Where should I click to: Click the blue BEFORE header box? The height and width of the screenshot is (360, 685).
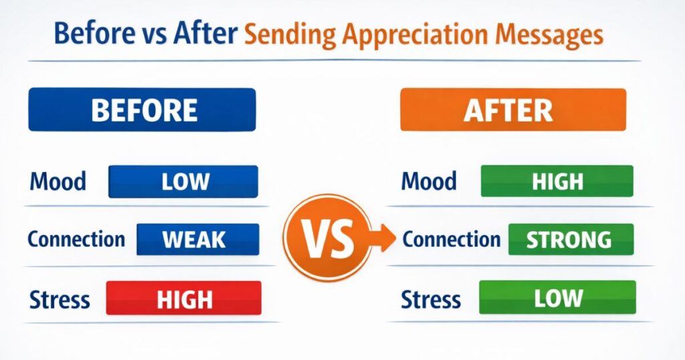[142, 110]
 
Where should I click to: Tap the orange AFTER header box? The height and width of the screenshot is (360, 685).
[513, 110]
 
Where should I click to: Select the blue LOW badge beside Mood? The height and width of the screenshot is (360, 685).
[183, 181]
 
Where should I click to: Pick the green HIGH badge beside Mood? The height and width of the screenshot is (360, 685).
[557, 181]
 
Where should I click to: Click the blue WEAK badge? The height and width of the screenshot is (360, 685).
[198, 240]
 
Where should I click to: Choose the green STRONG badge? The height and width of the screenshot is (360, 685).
[571, 240]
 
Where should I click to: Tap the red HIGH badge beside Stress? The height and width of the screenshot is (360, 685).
[184, 298]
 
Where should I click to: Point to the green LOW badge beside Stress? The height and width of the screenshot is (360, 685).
[557, 297]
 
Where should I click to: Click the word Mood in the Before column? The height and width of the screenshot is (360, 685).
[58, 181]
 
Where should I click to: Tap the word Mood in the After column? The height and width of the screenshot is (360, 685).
[429, 181]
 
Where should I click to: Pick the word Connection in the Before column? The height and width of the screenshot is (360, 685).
[76, 240]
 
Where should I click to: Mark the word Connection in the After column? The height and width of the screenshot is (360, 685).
[452, 240]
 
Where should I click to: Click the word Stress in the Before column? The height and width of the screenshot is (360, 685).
[60, 300]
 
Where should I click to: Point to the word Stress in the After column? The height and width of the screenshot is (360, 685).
[431, 300]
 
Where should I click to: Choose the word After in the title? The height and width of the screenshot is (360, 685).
[205, 33]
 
